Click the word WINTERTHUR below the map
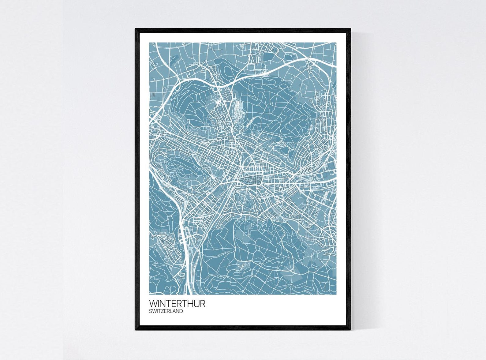[177, 304]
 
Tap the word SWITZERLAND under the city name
[166, 311]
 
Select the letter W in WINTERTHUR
[153, 304]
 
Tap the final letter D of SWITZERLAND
[181, 311]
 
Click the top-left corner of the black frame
[136, 29]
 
